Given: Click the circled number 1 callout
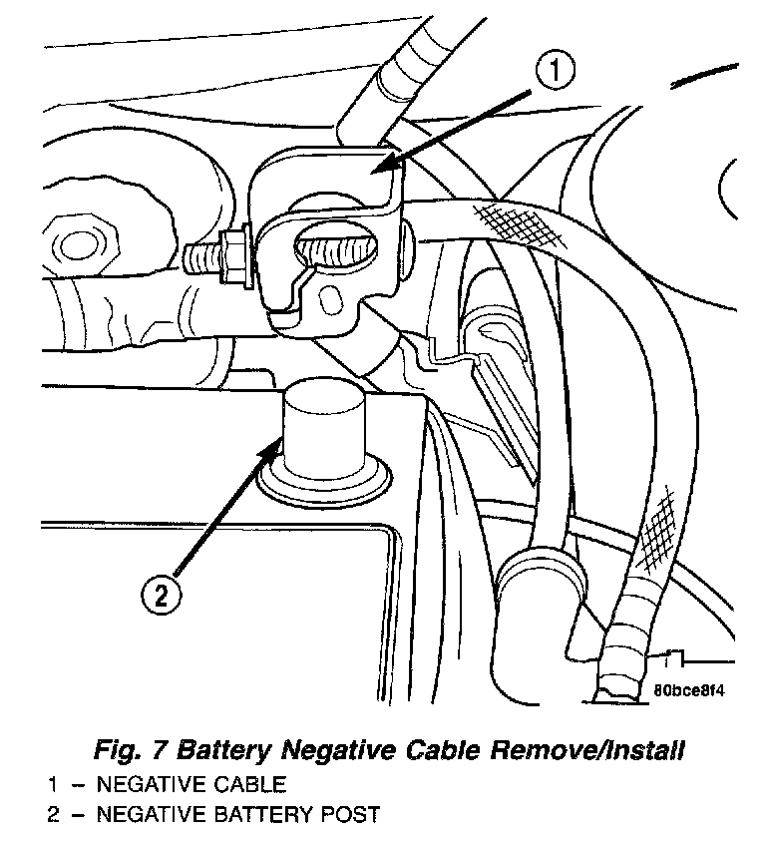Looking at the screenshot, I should coord(557,73).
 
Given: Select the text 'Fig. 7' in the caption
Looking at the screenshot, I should coord(126,748).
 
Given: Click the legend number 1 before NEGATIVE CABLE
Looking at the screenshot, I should coord(51,783).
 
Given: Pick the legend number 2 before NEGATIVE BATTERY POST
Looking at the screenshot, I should coord(52,815).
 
